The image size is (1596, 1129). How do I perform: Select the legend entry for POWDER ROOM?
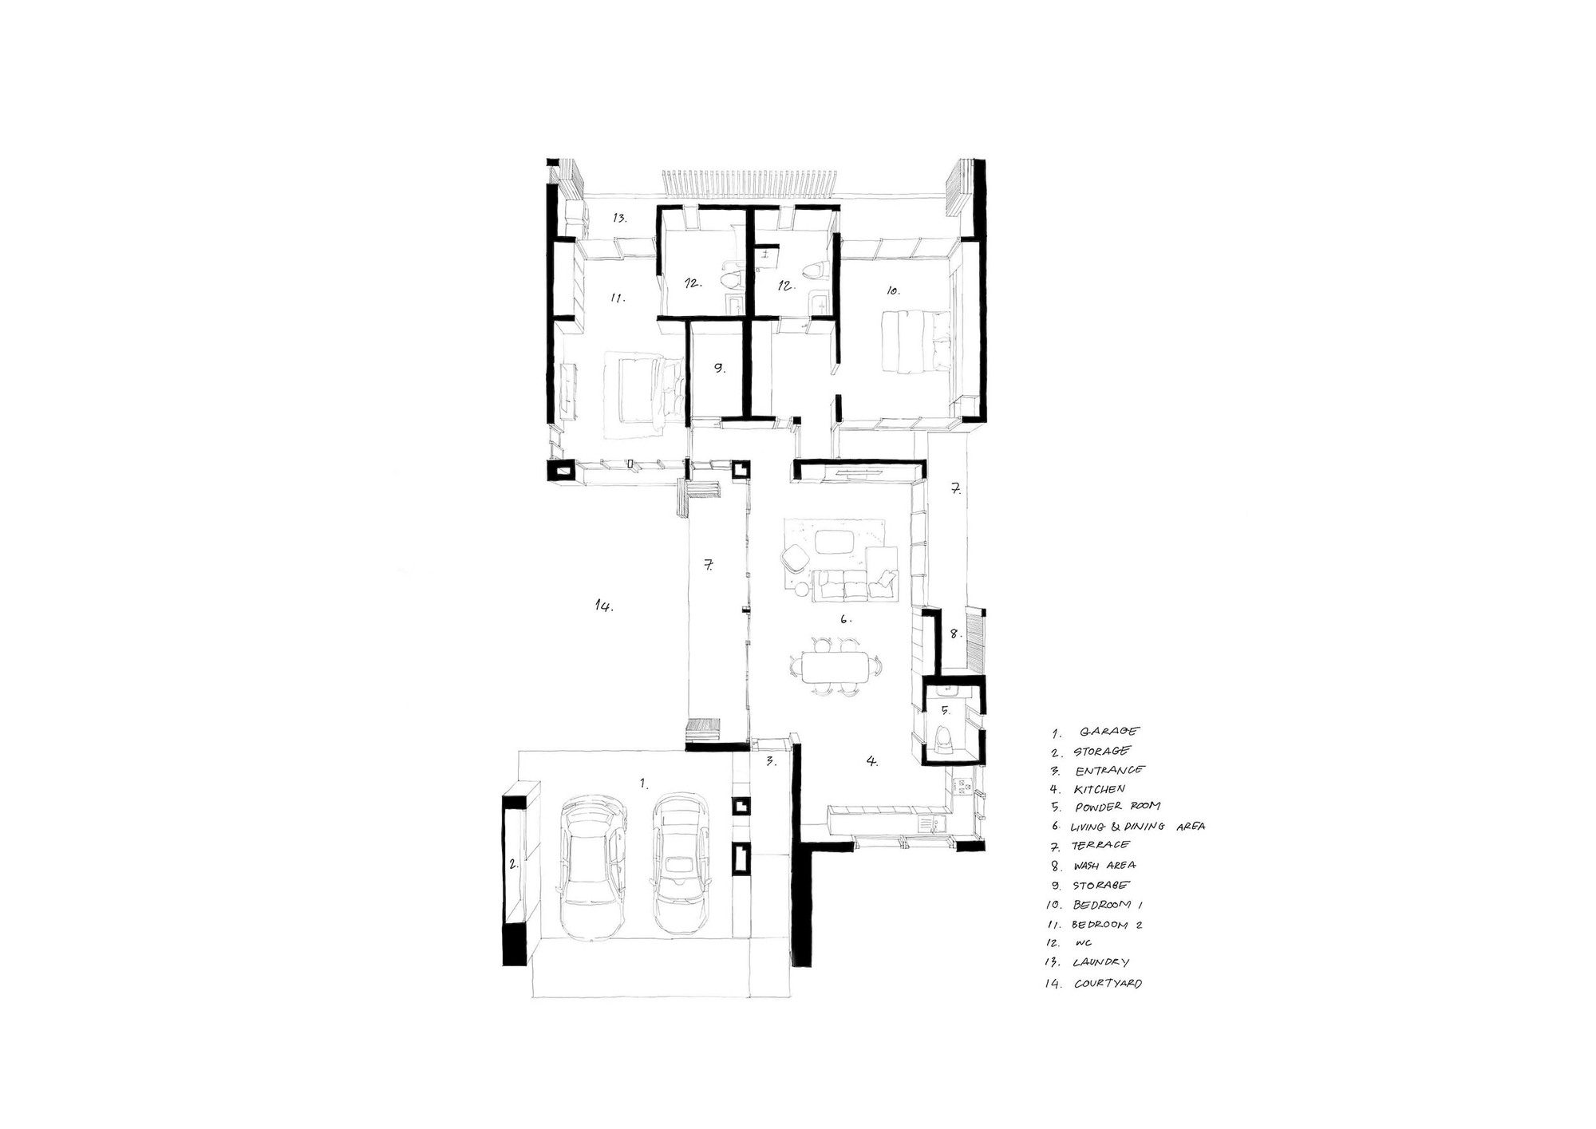(1117, 807)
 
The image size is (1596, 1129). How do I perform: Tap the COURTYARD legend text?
(1108, 983)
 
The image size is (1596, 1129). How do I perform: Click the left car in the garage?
(591, 866)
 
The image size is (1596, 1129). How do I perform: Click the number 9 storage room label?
(718, 369)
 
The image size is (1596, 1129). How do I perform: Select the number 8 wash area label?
(954, 634)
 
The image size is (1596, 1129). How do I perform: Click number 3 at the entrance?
(771, 761)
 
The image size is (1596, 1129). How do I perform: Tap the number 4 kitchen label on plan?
(872, 761)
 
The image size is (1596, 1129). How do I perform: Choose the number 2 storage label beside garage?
(516, 863)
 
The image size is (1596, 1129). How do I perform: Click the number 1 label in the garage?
(643, 783)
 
